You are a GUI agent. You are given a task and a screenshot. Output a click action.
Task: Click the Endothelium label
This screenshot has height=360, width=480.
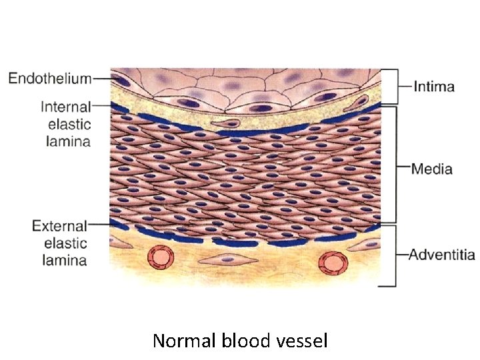click(49, 78)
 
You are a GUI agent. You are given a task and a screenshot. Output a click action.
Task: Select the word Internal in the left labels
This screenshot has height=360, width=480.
click(65, 107)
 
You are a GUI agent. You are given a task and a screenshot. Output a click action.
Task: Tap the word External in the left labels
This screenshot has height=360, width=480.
click(59, 226)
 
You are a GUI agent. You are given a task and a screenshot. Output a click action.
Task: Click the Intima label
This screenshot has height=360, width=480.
click(434, 87)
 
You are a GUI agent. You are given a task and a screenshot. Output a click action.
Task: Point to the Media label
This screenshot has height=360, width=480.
click(431, 169)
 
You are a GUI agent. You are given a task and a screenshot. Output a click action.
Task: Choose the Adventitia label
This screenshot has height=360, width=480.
click(441, 255)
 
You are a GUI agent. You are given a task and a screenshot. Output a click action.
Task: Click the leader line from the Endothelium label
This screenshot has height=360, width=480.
click(102, 78)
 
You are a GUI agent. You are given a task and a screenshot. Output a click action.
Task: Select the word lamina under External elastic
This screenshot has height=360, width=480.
click(65, 260)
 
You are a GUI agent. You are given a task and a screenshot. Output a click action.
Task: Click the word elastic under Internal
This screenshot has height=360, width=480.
click(69, 124)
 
